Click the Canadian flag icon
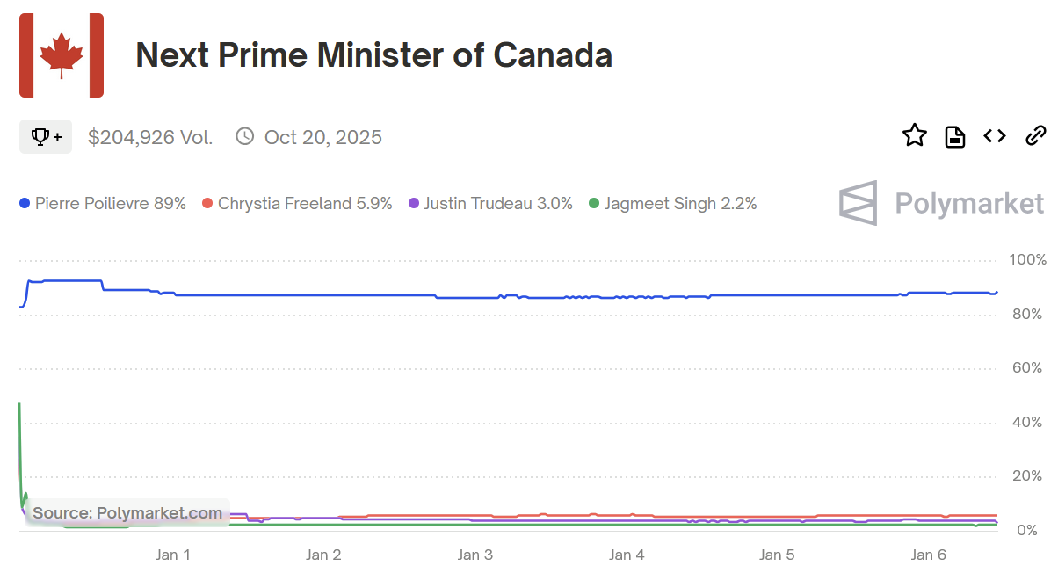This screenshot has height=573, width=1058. click(x=62, y=55)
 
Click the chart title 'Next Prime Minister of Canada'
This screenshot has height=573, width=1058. click(x=373, y=55)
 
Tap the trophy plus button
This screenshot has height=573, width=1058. click(x=46, y=136)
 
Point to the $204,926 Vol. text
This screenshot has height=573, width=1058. click(x=150, y=137)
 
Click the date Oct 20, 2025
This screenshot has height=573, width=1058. click(x=322, y=137)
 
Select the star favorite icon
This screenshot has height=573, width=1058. click(x=915, y=135)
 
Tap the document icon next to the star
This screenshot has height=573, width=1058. click(x=955, y=136)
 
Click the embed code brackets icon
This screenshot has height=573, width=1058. click(x=995, y=135)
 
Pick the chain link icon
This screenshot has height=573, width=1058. click(x=1036, y=135)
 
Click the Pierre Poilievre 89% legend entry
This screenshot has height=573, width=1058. click(x=103, y=204)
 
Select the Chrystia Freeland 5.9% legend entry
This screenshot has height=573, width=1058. click(x=297, y=204)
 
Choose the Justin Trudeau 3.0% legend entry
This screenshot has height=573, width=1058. click(x=490, y=204)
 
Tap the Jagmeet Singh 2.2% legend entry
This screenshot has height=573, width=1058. click(x=672, y=204)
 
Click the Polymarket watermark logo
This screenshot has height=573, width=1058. click(x=941, y=203)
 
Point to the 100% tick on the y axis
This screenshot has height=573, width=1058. click(x=1027, y=260)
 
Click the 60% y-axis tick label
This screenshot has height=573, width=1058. click(x=1027, y=368)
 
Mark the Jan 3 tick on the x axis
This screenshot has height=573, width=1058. click(x=475, y=555)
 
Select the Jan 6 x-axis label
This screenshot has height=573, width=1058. click(x=929, y=555)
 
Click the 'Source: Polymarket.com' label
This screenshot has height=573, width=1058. click(x=127, y=513)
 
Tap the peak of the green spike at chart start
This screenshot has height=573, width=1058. click(x=19, y=403)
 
